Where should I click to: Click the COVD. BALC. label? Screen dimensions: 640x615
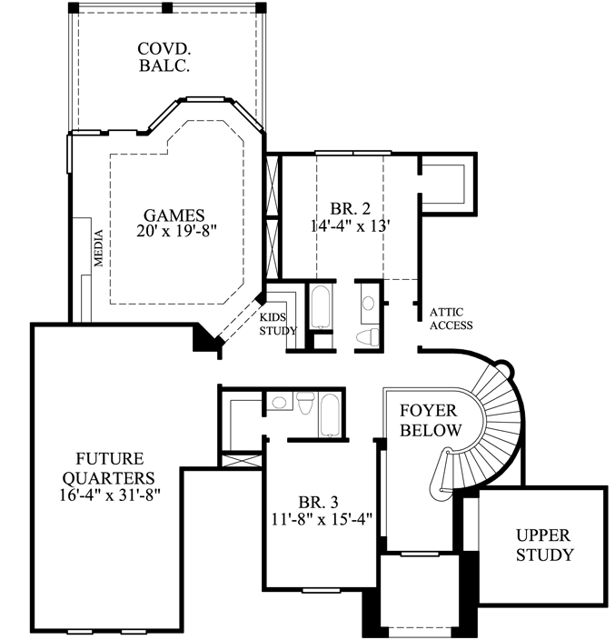coord(163,56)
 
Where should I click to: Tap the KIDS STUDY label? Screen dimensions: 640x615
coord(279,323)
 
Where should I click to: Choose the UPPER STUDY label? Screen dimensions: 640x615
coord(544,545)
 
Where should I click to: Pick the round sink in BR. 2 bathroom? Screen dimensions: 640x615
coord(368,304)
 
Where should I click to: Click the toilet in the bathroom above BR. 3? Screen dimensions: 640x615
coord(305,401)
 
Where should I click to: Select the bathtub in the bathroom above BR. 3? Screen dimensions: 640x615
coord(330,414)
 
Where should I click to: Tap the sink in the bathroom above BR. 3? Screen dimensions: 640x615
coord(279,401)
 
